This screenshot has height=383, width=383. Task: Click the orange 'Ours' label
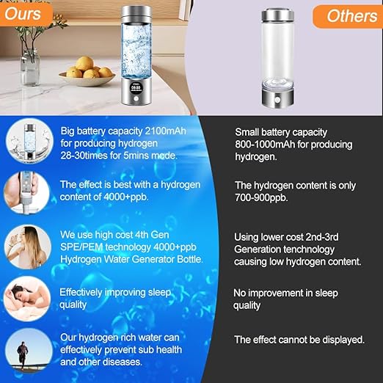[x=25, y=13]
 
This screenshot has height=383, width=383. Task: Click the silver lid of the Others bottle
[x=282, y=17]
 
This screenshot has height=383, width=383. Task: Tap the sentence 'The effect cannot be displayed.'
[x=299, y=340]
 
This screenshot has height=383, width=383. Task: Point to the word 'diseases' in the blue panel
[x=122, y=362]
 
